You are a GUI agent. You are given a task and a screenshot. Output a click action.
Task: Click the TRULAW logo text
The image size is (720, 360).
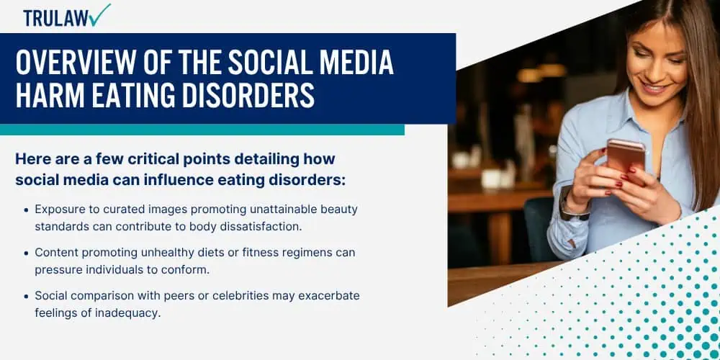[x=56, y=18]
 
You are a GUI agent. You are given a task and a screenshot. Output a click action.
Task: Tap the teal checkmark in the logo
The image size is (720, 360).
[x=100, y=14]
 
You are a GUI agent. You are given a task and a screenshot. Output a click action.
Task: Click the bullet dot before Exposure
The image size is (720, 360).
[x=26, y=210]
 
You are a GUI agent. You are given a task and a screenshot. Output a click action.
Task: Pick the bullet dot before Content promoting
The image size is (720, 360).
[x=26, y=253]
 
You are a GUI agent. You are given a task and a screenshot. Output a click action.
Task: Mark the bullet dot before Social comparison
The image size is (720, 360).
[x=26, y=296]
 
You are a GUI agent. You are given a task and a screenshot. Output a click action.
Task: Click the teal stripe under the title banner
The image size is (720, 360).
[x=202, y=130]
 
